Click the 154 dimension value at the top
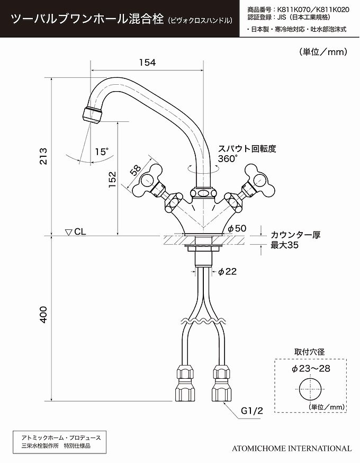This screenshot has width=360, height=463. pyautogui.click(x=148, y=63)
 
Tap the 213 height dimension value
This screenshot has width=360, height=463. pyautogui.click(x=43, y=156)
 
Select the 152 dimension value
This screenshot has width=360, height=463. pyautogui.click(x=112, y=180)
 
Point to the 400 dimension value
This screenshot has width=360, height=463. pyautogui.click(x=43, y=315)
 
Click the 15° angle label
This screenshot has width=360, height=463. pyautogui.click(x=102, y=152)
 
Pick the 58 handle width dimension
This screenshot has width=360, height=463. pyautogui.click(x=135, y=171)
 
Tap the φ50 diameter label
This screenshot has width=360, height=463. pyautogui.click(x=237, y=228)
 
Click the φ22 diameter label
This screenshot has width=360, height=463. pyautogui.click(x=228, y=271)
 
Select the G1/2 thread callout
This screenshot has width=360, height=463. pyautogui.click(x=251, y=411)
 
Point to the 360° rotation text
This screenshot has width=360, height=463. pyautogui.click(x=228, y=158)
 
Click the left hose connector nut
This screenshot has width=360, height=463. pyautogui.click(x=185, y=383)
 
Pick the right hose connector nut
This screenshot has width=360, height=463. pyautogui.click(x=221, y=383)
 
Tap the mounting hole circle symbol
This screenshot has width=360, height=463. pyautogui.click(x=310, y=389)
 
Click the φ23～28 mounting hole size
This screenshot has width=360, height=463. pyautogui.click(x=311, y=369)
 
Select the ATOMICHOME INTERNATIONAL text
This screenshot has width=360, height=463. pyautogui.click(x=292, y=448)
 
